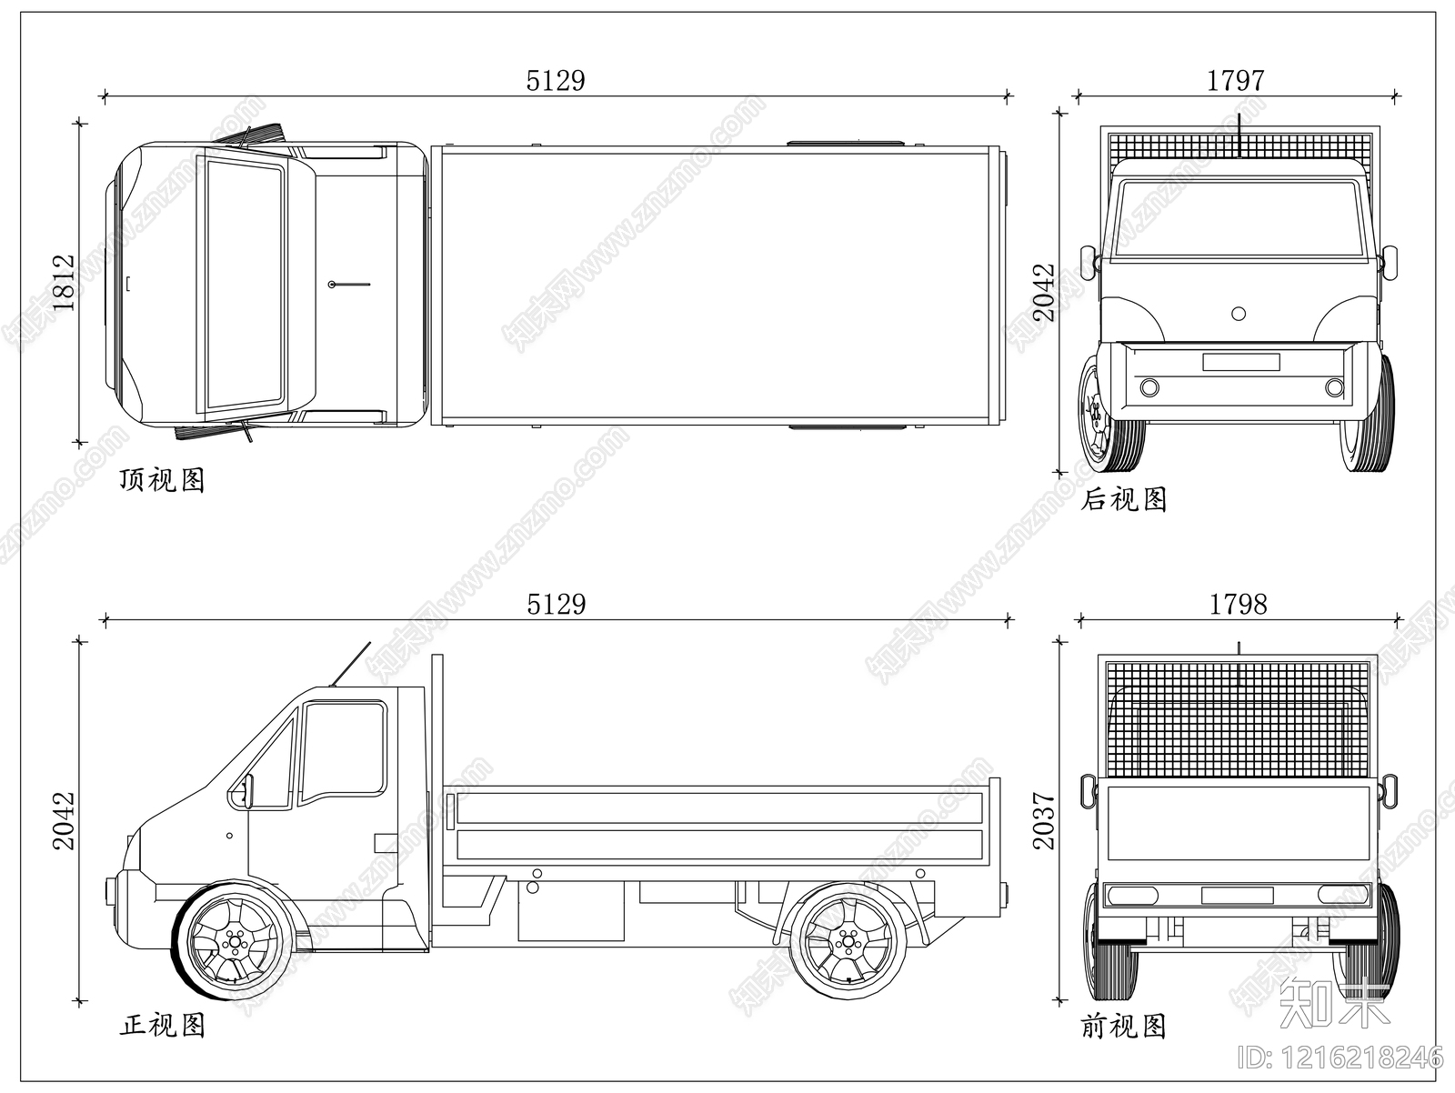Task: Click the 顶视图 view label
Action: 163,480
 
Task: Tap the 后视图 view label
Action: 1124,499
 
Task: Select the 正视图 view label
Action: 163,1025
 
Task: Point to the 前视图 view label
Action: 1124,1026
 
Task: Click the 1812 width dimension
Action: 65,283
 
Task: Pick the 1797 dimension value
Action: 1236,81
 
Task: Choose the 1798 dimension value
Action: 1239,604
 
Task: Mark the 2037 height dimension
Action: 1044,820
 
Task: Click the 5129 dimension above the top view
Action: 556,81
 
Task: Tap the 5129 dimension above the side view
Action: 557,604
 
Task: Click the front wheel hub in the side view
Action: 233,942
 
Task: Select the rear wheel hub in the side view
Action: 847,941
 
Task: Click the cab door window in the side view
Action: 343,753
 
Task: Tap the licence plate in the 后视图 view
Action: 1241,362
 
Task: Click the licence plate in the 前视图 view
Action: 1237,896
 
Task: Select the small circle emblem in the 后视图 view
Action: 1239,314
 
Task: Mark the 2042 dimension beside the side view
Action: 65,820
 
